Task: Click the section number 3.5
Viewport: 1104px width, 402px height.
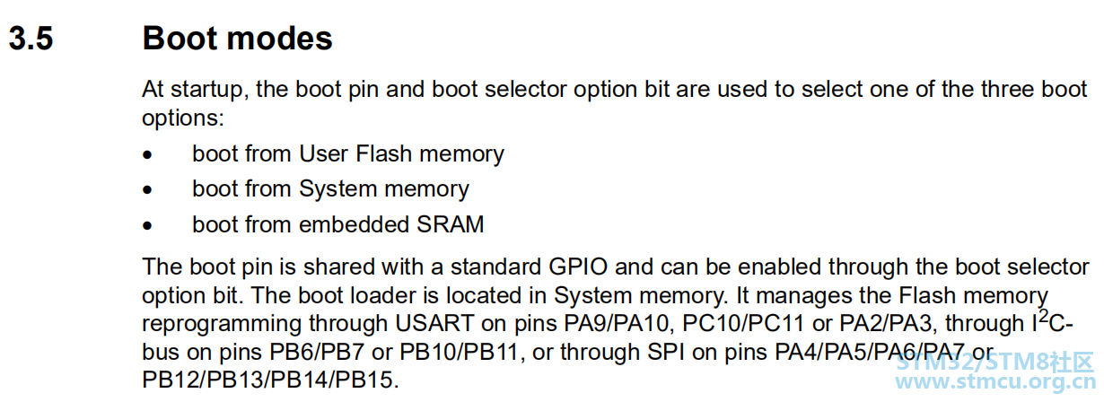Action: pyautogui.click(x=31, y=39)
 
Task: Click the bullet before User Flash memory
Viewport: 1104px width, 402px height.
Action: pyautogui.click(x=147, y=155)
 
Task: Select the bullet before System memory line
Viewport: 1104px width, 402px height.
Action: pyautogui.click(x=147, y=190)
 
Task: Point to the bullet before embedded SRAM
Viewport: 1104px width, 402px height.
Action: pyautogui.click(x=147, y=226)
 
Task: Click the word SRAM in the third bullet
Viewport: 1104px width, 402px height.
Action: pyautogui.click(x=451, y=224)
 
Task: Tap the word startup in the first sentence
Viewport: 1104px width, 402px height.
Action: pyautogui.click(x=209, y=90)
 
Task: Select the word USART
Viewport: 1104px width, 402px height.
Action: pyautogui.click(x=434, y=324)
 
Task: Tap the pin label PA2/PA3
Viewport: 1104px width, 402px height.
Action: pyautogui.click(x=886, y=324)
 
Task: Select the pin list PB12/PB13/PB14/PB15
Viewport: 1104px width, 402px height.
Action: pyautogui.click(x=270, y=380)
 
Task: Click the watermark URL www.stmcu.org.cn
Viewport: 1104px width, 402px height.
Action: pyautogui.click(x=996, y=381)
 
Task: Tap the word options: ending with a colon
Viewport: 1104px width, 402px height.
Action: pyautogui.click(x=183, y=118)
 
